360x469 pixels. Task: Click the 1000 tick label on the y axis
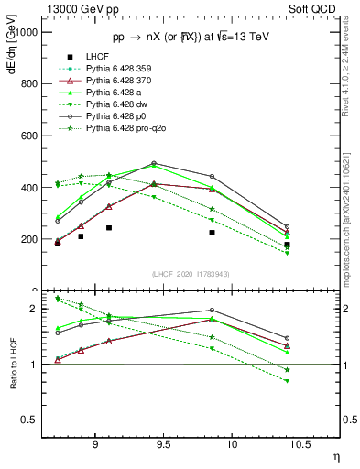pyautogui.click(x=27, y=31)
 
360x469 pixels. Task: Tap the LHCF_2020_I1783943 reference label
pyautogui.click(x=191, y=274)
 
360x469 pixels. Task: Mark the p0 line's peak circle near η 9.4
pyautogui.click(x=154, y=163)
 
